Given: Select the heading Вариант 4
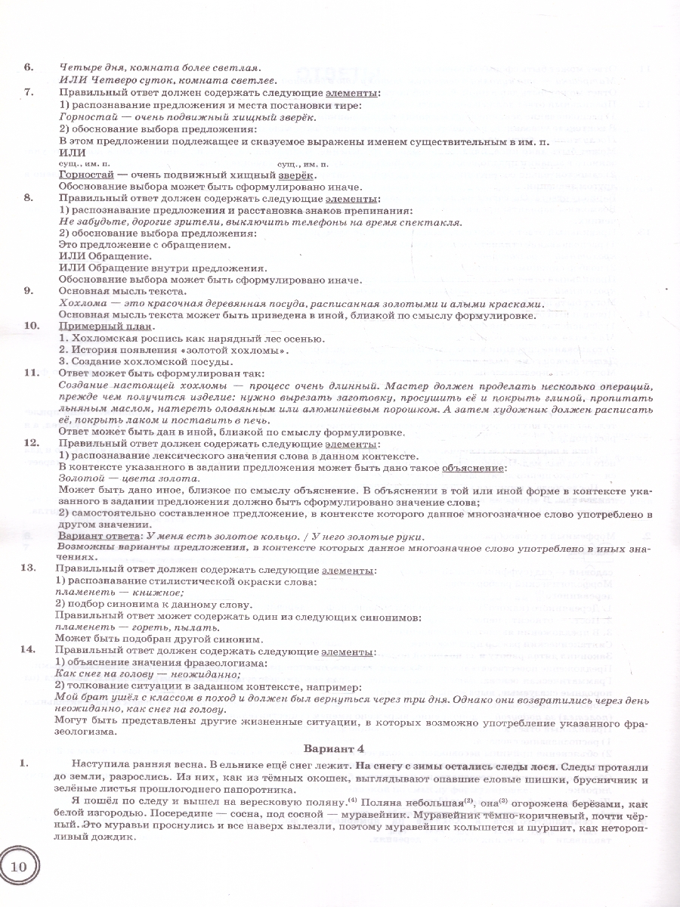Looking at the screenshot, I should (338, 749).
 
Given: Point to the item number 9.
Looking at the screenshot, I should (29, 291).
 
